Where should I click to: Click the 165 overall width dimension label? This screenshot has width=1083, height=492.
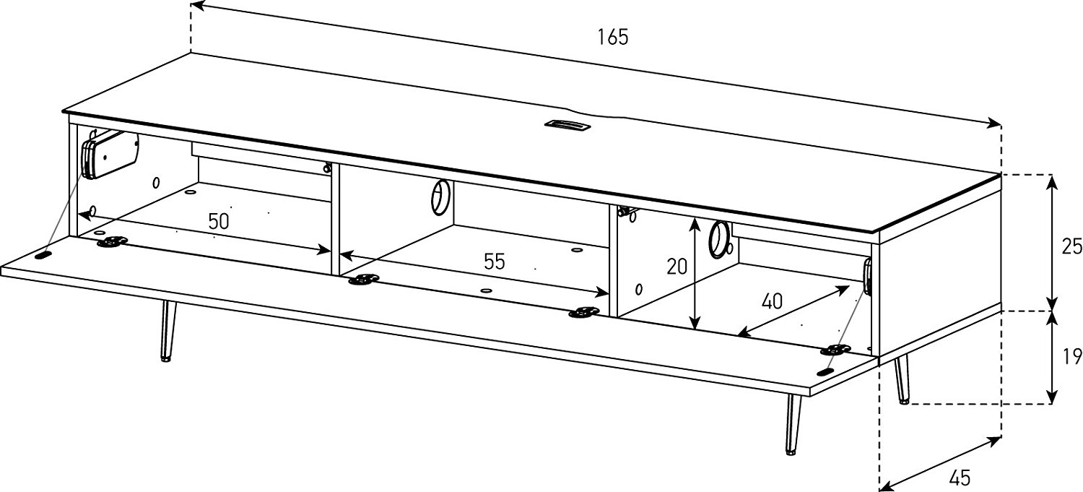[x=612, y=37]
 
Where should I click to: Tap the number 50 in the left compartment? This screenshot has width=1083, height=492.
[x=218, y=221]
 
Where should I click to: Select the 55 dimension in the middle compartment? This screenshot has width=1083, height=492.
[x=494, y=262]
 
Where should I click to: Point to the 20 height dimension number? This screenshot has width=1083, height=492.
[x=677, y=267]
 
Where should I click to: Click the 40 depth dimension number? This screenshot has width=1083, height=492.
[x=772, y=301]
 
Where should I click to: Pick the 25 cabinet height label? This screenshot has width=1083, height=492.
[x=1071, y=246]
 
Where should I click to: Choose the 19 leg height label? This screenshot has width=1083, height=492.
[x=1071, y=355]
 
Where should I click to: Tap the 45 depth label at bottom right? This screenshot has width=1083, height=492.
[x=960, y=478]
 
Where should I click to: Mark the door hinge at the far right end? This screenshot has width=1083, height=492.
[x=835, y=350]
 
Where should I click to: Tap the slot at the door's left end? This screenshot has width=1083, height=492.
[x=43, y=254]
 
